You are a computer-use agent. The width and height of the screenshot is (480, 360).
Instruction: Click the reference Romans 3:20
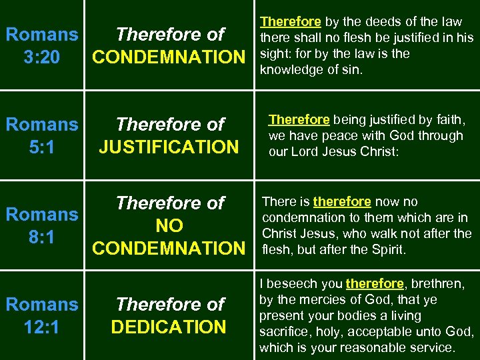tap(41, 45)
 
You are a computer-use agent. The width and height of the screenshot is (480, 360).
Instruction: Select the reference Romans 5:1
tap(41, 135)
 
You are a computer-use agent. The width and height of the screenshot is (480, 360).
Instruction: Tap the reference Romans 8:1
tap(41, 225)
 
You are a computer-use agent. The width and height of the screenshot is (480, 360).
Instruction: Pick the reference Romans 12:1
tap(41, 315)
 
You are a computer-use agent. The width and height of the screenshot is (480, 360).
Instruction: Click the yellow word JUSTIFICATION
tap(168, 146)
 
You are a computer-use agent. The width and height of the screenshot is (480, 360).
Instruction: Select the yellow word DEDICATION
tap(169, 327)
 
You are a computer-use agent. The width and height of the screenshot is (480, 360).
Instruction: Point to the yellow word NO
tap(169, 225)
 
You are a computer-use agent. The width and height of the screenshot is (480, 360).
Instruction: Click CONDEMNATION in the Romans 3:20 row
tap(169, 57)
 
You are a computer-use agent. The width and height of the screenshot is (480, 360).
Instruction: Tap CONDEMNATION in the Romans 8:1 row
tap(169, 248)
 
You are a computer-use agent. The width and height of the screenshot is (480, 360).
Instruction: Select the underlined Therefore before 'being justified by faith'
tap(299, 119)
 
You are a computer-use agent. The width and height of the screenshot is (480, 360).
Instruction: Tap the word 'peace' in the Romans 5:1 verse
tap(338, 135)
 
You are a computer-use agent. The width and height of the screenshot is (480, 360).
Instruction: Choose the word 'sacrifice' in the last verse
tap(285, 332)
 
